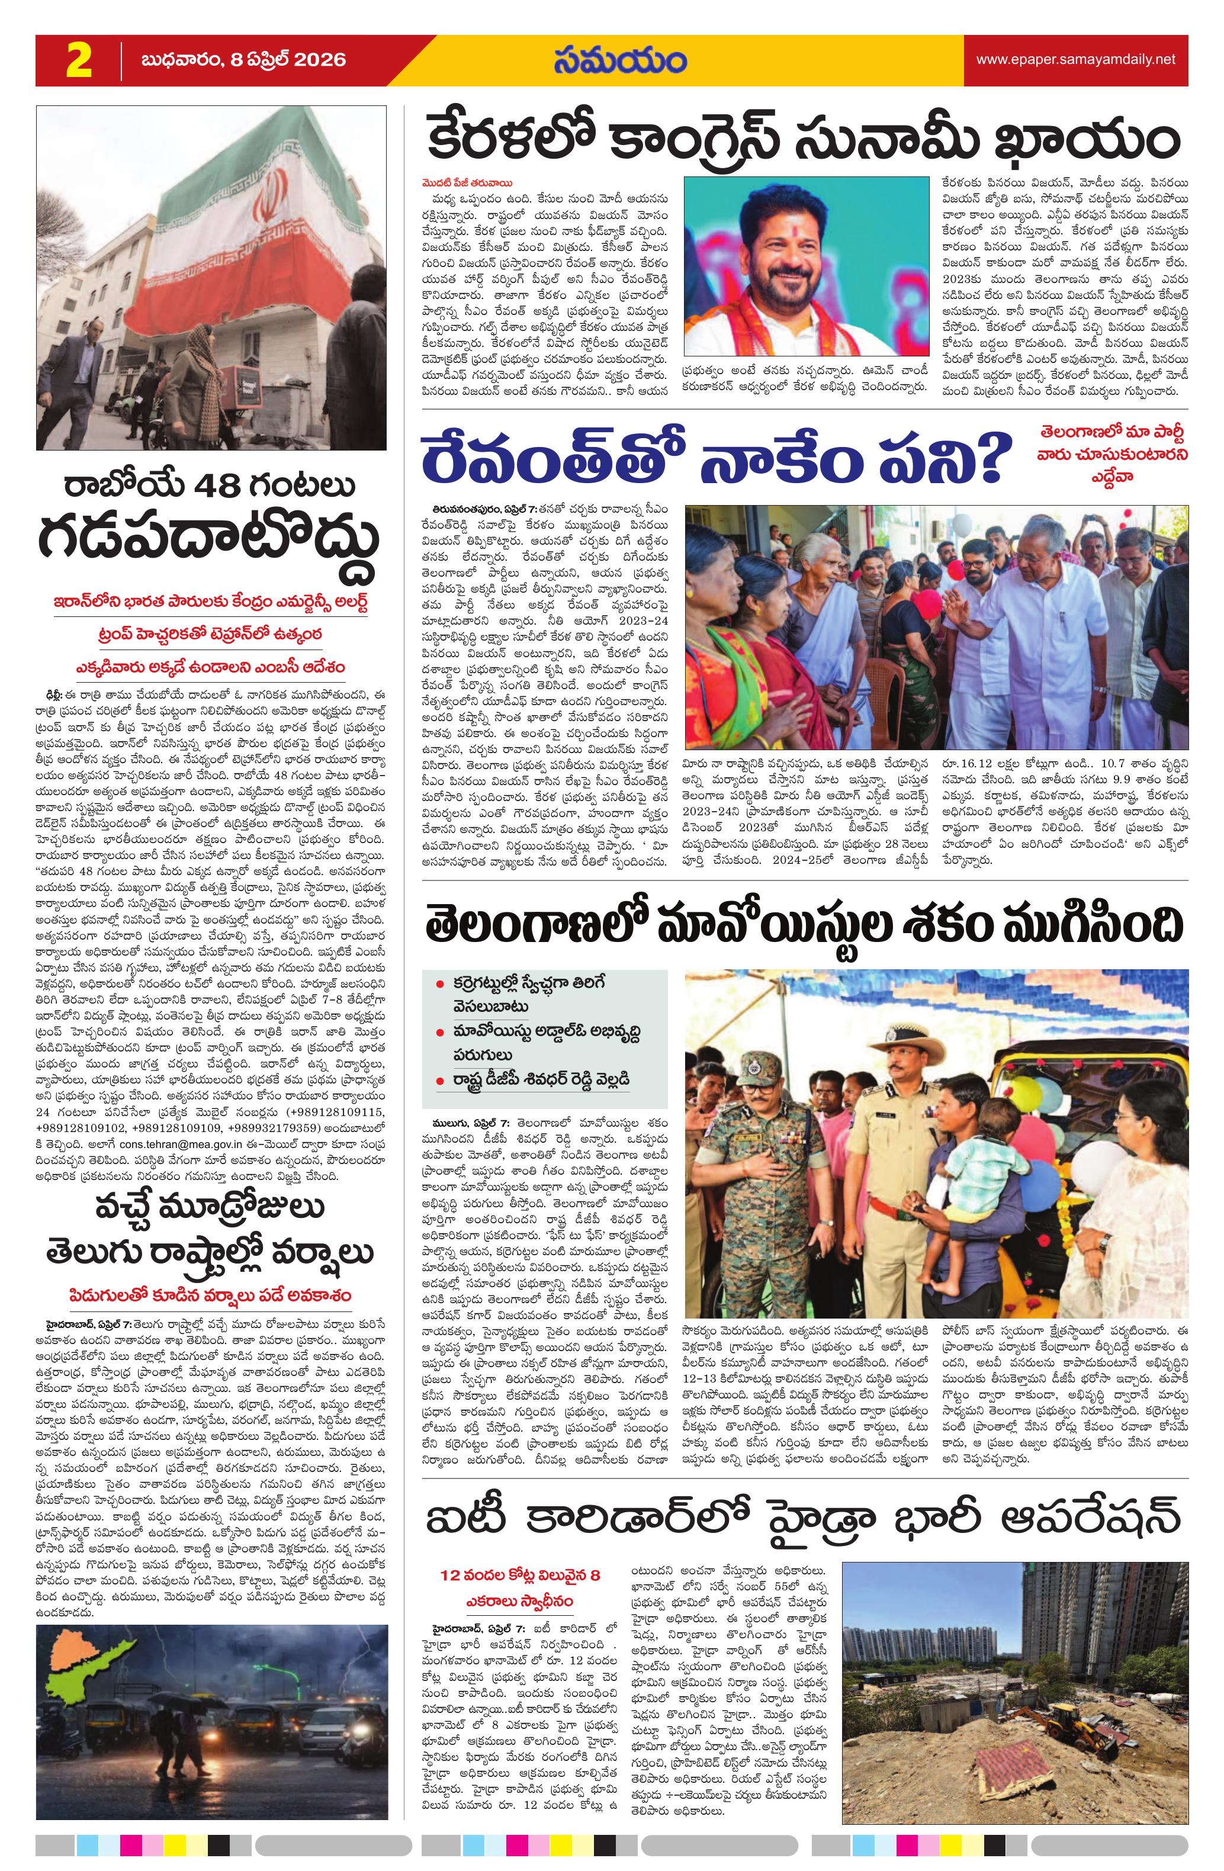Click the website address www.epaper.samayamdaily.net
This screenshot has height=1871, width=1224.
point(1075,60)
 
